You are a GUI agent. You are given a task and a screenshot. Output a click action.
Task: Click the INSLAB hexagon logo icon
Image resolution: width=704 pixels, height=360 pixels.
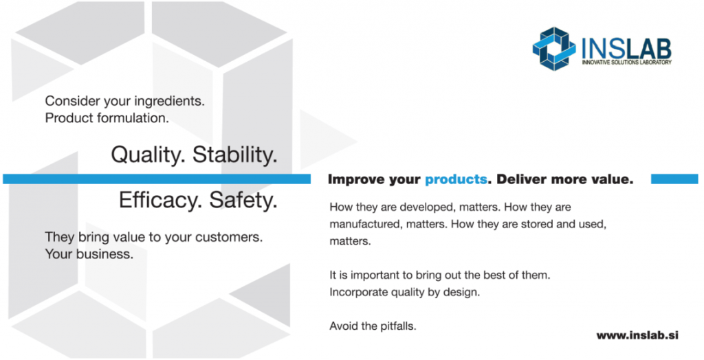pyautogui.click(x=554, y=49)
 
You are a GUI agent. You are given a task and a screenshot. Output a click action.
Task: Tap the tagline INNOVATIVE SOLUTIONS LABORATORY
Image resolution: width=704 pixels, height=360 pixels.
pyautogui.click(x=627, y=62)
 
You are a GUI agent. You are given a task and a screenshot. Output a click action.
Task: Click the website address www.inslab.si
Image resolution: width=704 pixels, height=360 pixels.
pyautogui.click(x=637, y=335)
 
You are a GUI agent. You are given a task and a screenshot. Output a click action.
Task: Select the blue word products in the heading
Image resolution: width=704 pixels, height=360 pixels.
pyautogui.click(x=456, y=179)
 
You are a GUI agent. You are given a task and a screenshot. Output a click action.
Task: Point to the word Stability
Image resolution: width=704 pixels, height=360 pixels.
pyautogui.click(x=235, y=155)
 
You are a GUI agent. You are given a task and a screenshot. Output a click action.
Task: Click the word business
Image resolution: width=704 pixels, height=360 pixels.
pyautogui.click(x=104, y=254)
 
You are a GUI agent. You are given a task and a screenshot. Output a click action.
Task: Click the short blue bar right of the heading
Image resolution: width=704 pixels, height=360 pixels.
pyautogui.click(x=674, y=179)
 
